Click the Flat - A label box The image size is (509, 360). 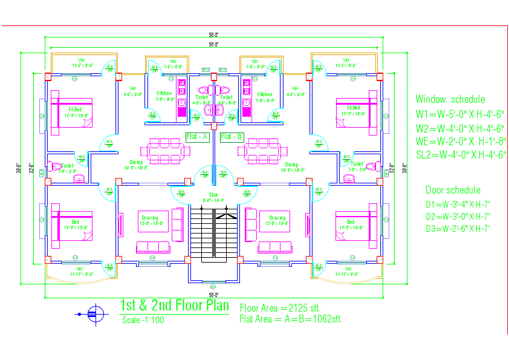197,137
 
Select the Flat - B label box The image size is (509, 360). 231,137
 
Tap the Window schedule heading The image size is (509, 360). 450,99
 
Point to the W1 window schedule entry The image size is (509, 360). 459,114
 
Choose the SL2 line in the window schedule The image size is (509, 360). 461,154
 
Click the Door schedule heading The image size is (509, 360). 453,190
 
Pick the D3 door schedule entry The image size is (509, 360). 457,228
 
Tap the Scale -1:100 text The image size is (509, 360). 143,320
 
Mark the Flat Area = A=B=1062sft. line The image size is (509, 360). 291,319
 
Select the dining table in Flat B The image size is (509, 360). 264,150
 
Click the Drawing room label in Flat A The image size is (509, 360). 149,218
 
